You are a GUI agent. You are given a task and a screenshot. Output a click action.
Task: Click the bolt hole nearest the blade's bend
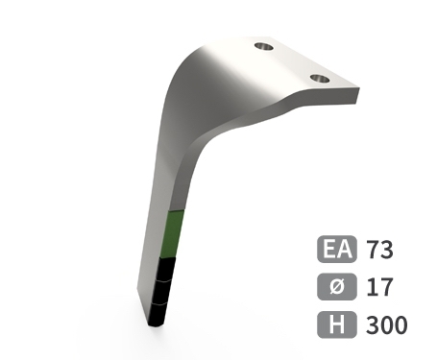click(x=264, y=47)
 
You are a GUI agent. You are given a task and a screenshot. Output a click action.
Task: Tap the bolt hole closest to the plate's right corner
click(x=320, y=79)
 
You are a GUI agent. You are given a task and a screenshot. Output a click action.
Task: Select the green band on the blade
click(x=172, y=234)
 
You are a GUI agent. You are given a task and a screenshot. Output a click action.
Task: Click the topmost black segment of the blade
click(x=166, y=270)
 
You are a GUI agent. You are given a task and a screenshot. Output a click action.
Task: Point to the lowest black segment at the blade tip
click(x=158, y=314)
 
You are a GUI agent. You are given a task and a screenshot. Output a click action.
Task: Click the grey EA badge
click(x=337, y=249)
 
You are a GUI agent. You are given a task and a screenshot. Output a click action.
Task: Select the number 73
click(x=380, y=250)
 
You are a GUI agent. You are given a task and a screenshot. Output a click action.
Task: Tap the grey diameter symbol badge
click(x=337, y=287)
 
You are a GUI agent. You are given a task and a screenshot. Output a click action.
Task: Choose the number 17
click(x=379, y=287)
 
